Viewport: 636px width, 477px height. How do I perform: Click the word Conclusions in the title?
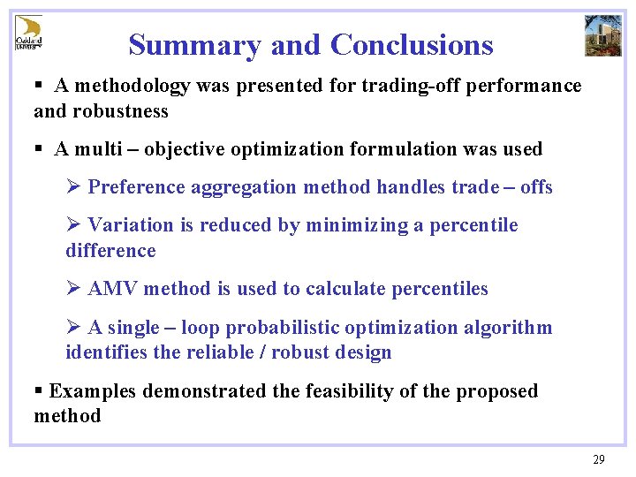(x=412, y=44)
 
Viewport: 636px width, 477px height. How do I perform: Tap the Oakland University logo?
(x=28, y=33)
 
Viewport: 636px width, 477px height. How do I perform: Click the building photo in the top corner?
(x=602, y=35)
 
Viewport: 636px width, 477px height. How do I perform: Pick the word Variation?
(x=132, y=225)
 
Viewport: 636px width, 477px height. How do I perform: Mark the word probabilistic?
(x=283, y=328)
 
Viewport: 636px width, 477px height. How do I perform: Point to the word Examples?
(x=94, y=391)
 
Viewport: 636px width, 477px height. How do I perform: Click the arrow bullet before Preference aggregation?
(x=74, y=187)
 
